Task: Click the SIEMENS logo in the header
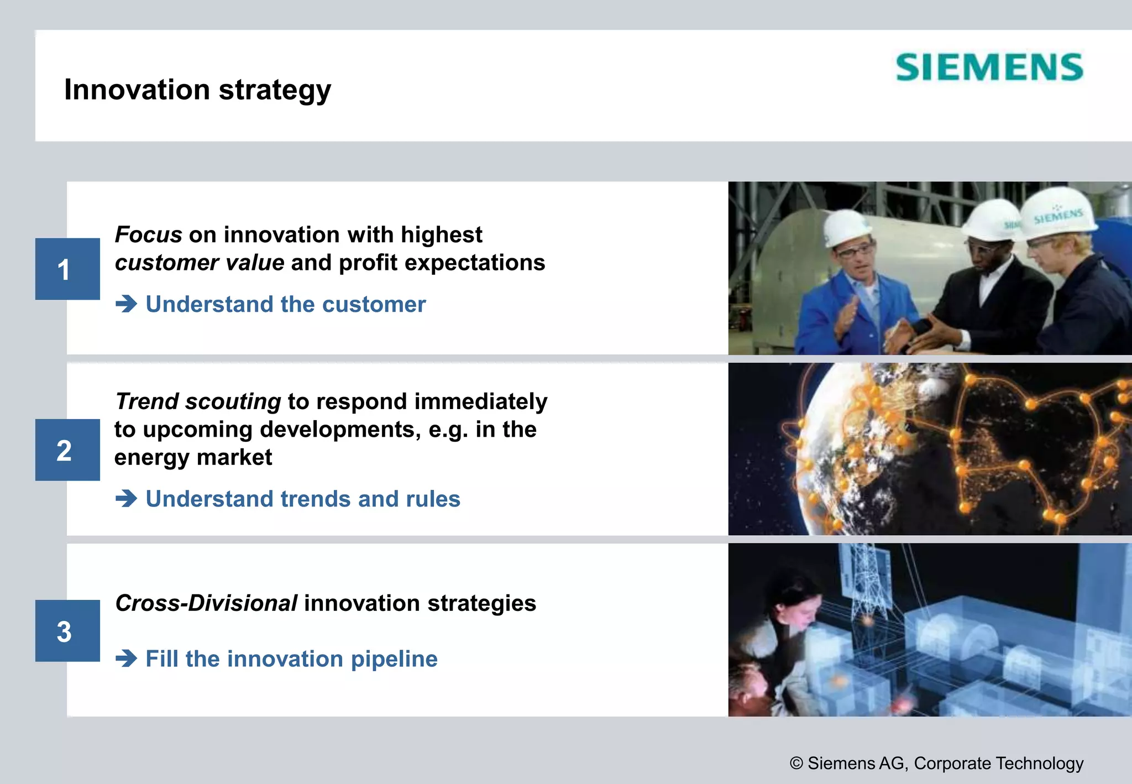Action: (x=989, y=67)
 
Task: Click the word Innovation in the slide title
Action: (x=137, y=90)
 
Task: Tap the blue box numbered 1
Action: (x=67, y=269)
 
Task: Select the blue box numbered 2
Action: (x=67, y=450)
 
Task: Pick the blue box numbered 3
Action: (x=67, y=631)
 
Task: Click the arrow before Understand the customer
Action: (x=127, y=304)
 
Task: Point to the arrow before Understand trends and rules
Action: (x=127, y=499)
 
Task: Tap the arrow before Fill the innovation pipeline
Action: (x=127, y=658)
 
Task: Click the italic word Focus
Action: (x=148, y=235)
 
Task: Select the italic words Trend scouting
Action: (x=198, y=401)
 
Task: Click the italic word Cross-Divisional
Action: (x=206, y=603)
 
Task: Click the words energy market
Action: (x=193, y=458)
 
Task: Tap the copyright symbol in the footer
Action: (x=796, y=764)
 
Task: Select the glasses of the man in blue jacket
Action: (x=854, y=252)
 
